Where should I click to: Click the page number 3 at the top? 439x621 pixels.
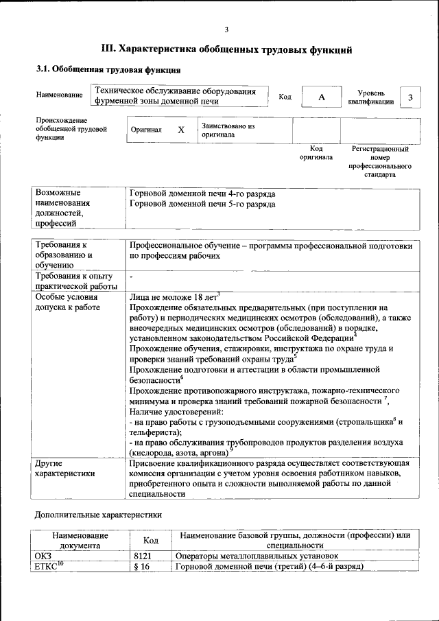(x=226, y=29)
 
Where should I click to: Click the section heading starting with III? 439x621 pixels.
(x=226, y=49)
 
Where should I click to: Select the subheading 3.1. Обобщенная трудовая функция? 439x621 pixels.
(x=108, y=70)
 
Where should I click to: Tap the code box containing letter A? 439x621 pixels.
(x=321, y=97)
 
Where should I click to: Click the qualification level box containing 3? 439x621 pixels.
(x=410, y=97)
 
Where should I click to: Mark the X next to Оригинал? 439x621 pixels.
(x=180, y=130)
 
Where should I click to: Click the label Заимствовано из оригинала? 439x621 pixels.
(x=228, y=130)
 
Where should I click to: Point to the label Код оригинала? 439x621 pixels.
(x=316, y=152)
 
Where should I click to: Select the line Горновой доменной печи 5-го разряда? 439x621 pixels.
(x=202, y=204)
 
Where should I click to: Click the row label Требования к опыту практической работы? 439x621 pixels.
(x=75, y=281)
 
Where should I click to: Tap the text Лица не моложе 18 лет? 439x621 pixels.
(x=173, y=297)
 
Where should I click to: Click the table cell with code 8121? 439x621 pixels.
(x=143, y=556)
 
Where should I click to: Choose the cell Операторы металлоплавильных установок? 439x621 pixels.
(x=257, y=556)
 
